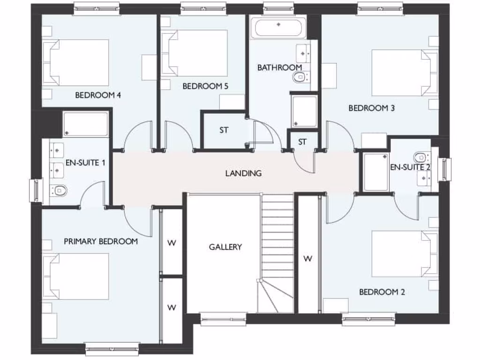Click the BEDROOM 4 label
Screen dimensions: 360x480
coord(98,96)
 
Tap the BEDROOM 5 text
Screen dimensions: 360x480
coord(205,86)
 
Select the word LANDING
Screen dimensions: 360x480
coord(243,173)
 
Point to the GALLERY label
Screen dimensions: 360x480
coord(225,247)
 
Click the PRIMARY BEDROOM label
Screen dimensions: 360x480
coord(101,241)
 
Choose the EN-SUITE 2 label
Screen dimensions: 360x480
coord(410,167)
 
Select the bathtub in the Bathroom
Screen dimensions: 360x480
coord(278,28)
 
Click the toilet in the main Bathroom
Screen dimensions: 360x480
coord(299,78)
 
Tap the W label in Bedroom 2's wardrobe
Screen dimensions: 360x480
coord(308,258)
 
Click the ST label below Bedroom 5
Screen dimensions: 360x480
coord(224,130)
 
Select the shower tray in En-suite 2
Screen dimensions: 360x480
coord(376,172)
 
